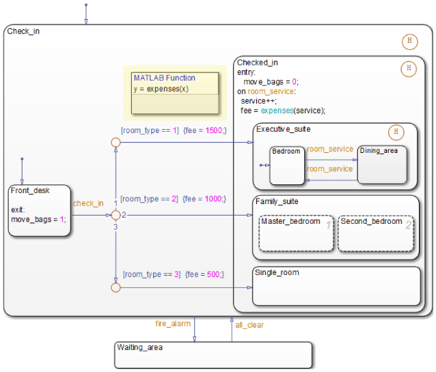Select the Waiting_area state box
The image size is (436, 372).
213,355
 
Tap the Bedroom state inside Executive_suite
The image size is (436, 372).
286,165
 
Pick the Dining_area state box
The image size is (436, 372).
382,164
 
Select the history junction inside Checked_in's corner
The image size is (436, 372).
408,68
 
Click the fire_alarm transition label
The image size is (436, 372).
172,324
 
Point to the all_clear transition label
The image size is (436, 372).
249,325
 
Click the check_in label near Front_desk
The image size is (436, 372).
88,203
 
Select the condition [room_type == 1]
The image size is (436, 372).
150,130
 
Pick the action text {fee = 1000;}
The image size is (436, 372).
205,199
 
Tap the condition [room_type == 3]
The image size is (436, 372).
151,274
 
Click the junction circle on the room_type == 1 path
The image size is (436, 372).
115,143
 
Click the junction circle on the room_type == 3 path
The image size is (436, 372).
115,287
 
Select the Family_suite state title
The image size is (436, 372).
277,202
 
